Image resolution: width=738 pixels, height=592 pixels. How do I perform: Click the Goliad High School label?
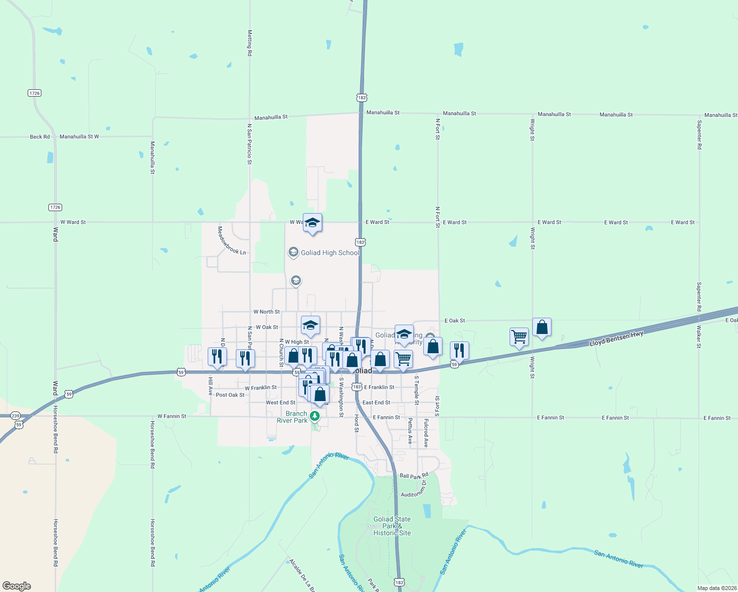pos(330,253)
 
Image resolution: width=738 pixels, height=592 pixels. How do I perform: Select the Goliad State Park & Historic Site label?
pos(392,526)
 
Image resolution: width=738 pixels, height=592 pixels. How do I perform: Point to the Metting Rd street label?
pos(250,43)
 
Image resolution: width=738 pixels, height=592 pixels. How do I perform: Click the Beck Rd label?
pos(39,137)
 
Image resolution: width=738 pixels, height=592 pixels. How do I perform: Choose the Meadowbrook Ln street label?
pos(232,241)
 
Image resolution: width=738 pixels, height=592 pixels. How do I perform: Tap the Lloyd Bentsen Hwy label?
pos(616,339)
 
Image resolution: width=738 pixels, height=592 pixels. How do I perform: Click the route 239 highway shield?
pos(15,416)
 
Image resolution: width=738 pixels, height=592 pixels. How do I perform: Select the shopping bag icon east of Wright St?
pos(542,328)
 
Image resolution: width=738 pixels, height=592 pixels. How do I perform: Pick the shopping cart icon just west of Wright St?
pos(519,337)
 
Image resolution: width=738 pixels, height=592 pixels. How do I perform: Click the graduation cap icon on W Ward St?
pos(312,223)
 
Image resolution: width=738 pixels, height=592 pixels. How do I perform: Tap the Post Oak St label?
pos(230,395)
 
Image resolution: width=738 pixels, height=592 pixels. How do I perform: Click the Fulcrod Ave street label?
pos(426,433)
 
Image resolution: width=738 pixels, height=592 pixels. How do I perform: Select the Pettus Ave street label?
pos(410,431)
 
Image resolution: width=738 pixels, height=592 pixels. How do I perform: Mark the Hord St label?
pos(356,423)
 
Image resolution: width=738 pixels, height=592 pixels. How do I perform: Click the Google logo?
pos(17,586)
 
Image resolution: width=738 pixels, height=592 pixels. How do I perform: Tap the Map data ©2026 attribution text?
pos(716,588)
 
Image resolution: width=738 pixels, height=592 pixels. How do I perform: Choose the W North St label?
pos(266,312)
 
